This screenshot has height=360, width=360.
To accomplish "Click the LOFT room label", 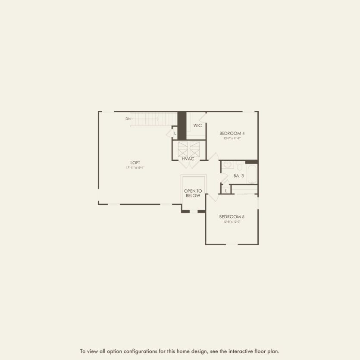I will (135, 163).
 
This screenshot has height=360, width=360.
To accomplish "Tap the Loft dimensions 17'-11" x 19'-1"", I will (135, 167).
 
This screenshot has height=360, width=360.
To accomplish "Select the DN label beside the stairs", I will (128, 119).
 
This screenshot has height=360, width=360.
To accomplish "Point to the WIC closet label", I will (197, 125).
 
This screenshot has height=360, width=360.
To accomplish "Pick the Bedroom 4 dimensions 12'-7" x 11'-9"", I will (232, 138).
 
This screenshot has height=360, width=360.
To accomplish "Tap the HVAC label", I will (188, 159).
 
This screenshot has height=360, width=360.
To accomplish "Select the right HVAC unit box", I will (194, 149).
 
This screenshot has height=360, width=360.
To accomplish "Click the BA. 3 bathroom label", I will (239, 176).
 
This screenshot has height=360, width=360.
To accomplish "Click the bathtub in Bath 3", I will (251, 173).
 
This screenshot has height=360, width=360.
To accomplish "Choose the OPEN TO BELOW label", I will (193, 193).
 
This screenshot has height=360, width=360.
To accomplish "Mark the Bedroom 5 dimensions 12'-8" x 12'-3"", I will (232, 222).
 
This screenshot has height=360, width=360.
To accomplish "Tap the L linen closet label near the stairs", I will (175, 134).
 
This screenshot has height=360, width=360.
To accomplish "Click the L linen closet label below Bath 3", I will (226, 191).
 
